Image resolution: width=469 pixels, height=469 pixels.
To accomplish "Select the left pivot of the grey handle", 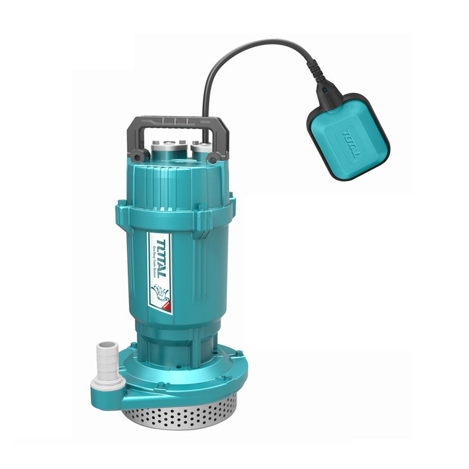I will tap(138, 156).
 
